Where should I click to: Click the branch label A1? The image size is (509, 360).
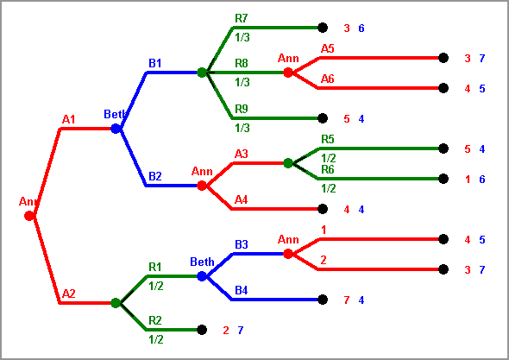68,119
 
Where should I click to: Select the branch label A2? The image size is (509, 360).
68,294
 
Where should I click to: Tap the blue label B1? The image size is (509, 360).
154,63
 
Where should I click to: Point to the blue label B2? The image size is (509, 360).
154,176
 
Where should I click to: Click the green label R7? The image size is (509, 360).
242,18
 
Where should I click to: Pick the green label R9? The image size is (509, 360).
242,109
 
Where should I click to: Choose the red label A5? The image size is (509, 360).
327,48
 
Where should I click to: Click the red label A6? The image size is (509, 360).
327,79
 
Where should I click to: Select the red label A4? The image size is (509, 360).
242,199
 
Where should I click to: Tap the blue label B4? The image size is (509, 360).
242,290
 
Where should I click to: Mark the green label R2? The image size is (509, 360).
154,320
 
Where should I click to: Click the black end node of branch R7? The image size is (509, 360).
323,28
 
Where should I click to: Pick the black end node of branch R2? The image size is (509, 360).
202,330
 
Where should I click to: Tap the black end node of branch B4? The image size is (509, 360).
323,300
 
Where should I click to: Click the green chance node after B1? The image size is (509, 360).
202,73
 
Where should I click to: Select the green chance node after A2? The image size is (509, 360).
116,303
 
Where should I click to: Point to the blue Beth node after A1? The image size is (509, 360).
116,129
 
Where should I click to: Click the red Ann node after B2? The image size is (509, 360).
202,186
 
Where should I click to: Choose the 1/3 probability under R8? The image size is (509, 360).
242,83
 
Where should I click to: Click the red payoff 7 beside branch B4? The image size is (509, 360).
346,300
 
